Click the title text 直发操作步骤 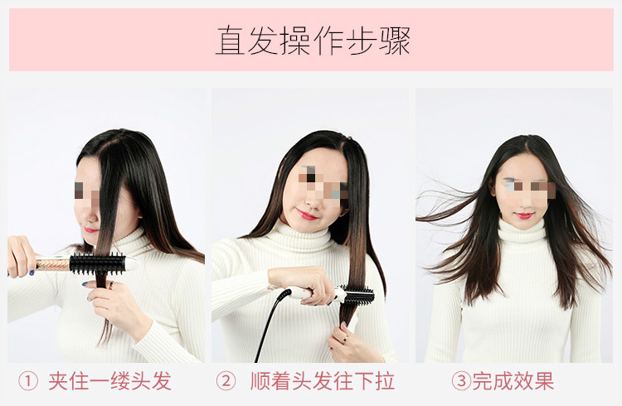[x=313, y=41]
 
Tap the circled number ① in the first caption [x=28, y=381]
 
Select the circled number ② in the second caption [x=226, y=381]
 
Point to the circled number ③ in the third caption [x=461, y=381]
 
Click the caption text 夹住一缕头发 [x=109, y=381]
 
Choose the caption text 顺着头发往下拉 [x=323, y=381]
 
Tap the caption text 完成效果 [x=513, y=381]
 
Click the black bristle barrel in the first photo [x=98, y=263]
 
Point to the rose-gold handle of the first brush [x=53, y=263]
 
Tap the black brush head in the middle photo [x=359, y=295]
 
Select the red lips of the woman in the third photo [x=524, y=215]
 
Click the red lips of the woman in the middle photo [x=307, y=215]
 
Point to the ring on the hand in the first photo [x=111, y=285]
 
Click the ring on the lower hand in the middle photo [x=345, y=339]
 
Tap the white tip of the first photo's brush [x=132, y=263]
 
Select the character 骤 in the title [x=395, y=41]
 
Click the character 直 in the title [x=230, y=41]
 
